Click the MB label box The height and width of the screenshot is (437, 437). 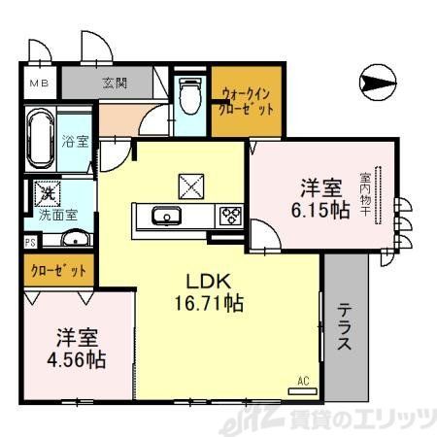(38, 84)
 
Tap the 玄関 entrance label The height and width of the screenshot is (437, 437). (115, 84)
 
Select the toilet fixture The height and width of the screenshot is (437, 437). (190, 94)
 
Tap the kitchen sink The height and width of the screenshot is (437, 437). (167, 216)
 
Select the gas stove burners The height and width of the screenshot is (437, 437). (231, 216)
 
